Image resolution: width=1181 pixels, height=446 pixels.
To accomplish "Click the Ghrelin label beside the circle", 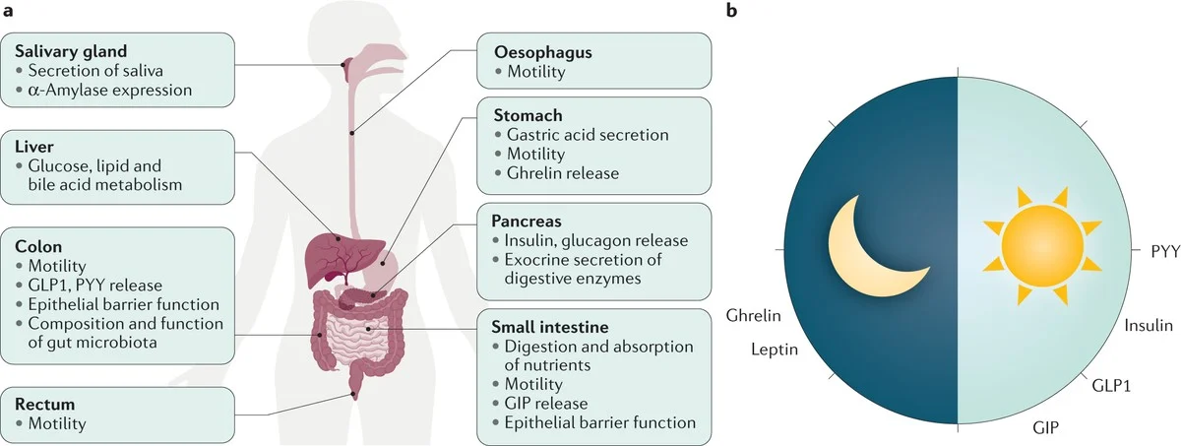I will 754,317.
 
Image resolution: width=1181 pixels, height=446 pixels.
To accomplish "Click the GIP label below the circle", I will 1046,427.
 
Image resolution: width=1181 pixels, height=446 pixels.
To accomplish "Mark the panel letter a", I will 9,11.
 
